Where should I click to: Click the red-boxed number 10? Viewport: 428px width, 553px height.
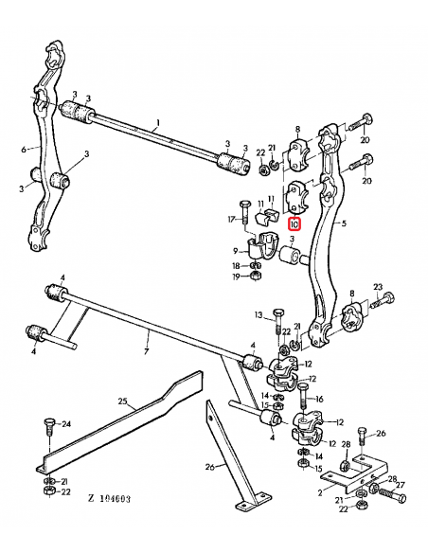coord(294,225)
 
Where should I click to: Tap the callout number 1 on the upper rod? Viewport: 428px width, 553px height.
coord(158,122)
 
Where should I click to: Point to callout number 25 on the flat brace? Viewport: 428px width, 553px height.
coord(122,401)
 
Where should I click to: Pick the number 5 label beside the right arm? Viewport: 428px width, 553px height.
coord(344,225)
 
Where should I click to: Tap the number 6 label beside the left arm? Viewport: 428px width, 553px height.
coord(22,149)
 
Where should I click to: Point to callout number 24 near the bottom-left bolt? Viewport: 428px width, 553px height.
coord(66,423)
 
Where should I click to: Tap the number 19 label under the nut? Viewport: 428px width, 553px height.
coord(236,277)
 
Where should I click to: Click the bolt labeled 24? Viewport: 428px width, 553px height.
coord(47,432)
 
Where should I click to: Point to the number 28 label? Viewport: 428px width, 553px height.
coord(345,444)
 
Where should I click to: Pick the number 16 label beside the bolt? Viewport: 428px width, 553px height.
coord(319,400)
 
